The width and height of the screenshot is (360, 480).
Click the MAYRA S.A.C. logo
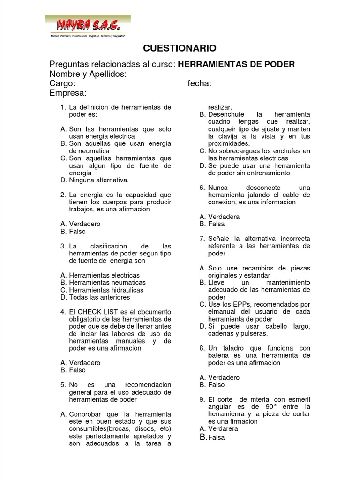88,26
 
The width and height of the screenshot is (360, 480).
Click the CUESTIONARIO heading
179,48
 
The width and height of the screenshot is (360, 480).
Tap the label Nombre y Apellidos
88,74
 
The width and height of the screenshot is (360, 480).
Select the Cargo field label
62,83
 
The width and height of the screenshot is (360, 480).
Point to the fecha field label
199,83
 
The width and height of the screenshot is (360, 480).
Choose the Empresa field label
68,93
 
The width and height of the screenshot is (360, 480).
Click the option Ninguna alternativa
98,180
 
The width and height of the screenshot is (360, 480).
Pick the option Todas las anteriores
99,297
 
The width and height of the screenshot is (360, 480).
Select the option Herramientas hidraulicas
106,290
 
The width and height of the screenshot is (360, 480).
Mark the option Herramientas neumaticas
107,283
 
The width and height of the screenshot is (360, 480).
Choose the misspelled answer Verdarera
224,428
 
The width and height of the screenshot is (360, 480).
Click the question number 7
202,239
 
